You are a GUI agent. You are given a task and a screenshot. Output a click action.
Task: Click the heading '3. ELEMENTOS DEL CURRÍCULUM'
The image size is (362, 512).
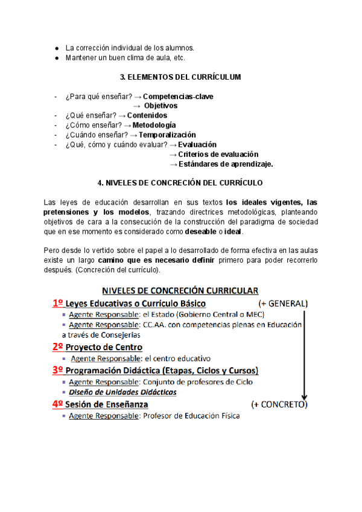pos(180,77)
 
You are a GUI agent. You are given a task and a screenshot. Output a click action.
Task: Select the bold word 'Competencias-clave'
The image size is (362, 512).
pos(178,96)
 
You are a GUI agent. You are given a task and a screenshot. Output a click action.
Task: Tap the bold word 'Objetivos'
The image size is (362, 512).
pos(160,106)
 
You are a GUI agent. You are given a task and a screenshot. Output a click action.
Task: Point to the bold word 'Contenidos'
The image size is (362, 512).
pos(147,115)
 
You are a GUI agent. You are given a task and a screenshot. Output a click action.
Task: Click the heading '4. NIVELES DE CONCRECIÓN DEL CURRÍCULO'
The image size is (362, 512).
pos(180,182)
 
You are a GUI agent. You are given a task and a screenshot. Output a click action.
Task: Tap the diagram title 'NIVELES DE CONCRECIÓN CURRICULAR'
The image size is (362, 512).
pos(180,290)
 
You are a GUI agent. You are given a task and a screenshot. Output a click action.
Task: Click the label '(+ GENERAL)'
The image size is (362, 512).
pos(282,303)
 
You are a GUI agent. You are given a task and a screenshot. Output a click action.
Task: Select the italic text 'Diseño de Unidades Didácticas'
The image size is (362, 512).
pos(123,392)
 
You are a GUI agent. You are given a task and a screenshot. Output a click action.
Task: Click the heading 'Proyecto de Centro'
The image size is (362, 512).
pos(104,347)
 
